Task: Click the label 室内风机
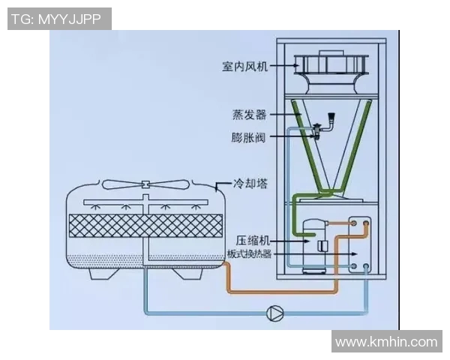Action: point(244,66)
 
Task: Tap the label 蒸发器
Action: point(250,115)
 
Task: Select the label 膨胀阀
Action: point(249,136)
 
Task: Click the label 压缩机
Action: point(252,241)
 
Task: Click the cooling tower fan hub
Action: point(144,184)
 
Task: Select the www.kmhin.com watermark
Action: point(386,342)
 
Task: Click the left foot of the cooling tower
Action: point(103,274)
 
